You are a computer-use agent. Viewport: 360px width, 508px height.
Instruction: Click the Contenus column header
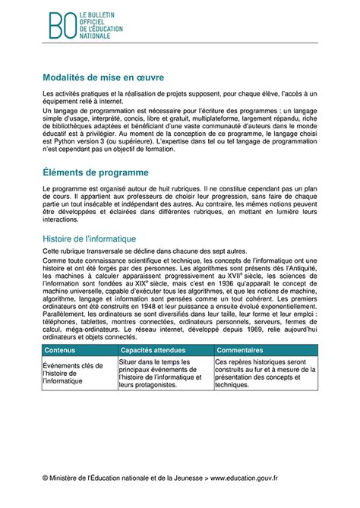[60, 350]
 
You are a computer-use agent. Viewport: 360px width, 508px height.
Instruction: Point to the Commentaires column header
[239, 350]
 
